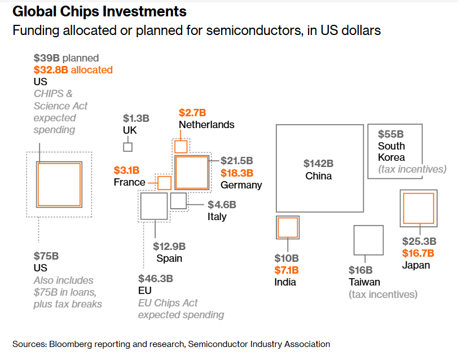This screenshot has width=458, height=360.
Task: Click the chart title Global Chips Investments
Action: click(99, 11)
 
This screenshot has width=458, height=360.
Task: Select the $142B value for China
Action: click(318, 164)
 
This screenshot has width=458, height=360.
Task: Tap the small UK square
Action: click(128, 147)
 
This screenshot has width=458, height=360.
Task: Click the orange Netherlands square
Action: click(181, 147)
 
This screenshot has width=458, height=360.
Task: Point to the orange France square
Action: click(164, 183)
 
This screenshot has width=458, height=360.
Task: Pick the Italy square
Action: click(178, 201)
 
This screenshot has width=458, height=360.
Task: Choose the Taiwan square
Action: click(368, 240)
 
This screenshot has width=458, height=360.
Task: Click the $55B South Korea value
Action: click(391, 134)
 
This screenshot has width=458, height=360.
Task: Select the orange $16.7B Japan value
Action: click(417, 253)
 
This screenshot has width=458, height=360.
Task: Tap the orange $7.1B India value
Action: click(287, 270)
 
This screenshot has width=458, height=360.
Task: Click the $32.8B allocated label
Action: click(73, 70)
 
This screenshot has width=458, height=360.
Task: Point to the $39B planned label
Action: click(66, 58)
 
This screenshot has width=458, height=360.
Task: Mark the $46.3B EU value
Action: click(156, 278)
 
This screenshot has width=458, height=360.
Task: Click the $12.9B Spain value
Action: click(169, 246)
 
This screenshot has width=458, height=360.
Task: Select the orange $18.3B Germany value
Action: click(237, 173)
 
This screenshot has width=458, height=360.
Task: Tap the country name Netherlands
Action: click(206, 125)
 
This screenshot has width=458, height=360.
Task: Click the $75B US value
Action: click(46, 256)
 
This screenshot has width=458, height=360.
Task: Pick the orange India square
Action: click(288, 227)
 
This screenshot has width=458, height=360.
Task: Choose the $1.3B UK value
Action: click(136, 118)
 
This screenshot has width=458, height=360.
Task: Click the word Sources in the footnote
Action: click(29, 344)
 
